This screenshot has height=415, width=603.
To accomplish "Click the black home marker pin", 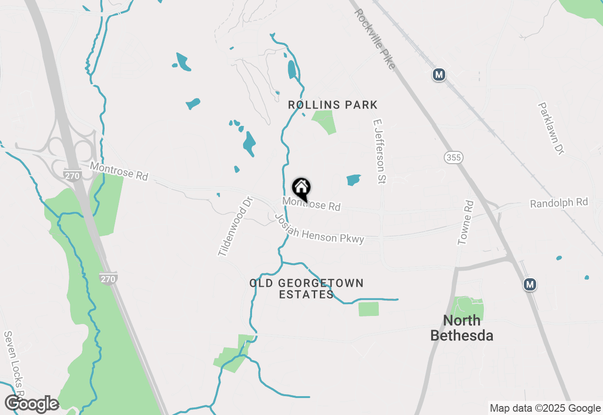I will pos(301,189).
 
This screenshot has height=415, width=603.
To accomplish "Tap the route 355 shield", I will pos(454,158).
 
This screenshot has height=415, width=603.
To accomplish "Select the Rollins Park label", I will pos(333,105).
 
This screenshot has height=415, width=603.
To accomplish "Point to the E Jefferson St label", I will pos(379,151).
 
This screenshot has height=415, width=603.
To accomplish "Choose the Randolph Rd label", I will pos(559,203).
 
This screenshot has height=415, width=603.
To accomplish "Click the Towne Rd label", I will pos(465,223).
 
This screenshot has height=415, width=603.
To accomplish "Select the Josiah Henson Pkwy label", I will pos(319,230).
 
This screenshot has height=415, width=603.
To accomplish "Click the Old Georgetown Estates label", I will pos(307,289).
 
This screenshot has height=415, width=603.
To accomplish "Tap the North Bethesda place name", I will pos(462,328).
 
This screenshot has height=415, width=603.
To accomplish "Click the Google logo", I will pos(32,404).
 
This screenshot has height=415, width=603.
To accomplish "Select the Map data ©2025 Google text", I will pos(545,408).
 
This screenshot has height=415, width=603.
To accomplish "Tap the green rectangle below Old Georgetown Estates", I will pos(368,309).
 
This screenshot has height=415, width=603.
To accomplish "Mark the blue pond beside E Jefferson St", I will pos(353,180).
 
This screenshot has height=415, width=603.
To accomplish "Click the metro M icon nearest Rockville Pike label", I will pos(439,75).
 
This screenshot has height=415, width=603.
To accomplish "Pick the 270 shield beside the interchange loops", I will pos(72,175).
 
